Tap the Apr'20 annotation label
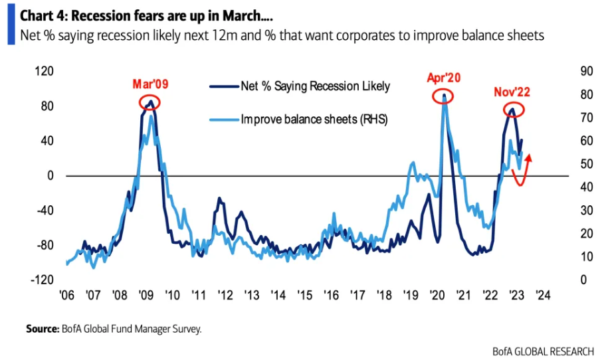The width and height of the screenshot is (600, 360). [x=443, y=78]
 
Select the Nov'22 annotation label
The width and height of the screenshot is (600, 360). [x=511, y=92]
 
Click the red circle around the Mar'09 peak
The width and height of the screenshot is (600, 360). [x=150, y=102]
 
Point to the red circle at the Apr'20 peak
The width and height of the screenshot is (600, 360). [x=444, y=96]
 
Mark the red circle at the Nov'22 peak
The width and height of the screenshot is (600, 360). [x=512, y=110]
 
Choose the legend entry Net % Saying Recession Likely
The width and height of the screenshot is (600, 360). [x=314, y=86]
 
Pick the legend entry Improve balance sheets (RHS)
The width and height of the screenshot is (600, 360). [x=314, y=120]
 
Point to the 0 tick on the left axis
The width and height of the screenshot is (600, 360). [x=49, y=176]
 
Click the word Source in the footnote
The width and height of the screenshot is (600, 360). [x=42, y=328]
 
